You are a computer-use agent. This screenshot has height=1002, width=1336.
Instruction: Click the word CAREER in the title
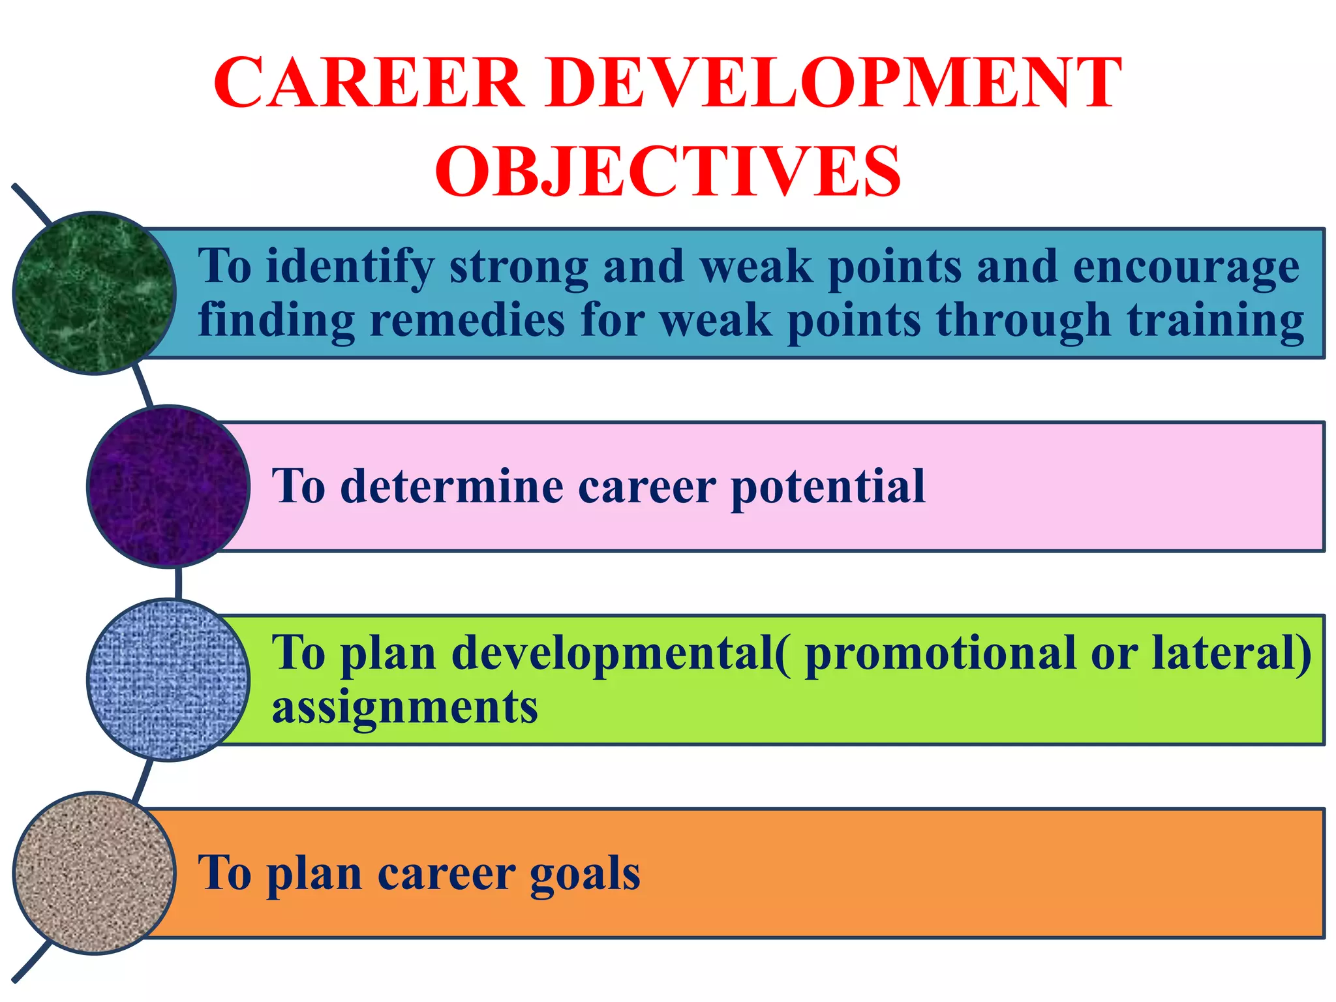pyautogui.click(x=369, y=83)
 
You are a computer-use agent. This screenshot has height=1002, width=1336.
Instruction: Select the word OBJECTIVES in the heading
pyautogui.click(x=668, y=171)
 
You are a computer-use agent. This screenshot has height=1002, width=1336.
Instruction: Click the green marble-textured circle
pyautogui.click(x=94, y=293)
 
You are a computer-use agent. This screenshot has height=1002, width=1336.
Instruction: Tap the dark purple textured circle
pyautogui.click(x=168, y=486)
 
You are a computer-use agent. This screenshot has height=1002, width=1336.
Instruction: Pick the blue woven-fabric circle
pyautogui.click(x=168, y=679)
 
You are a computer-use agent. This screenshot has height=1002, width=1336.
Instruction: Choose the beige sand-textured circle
pyautogui.click(x=94, y=873)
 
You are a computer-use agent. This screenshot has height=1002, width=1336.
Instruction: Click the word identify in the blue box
pyautogui.click(x=350, y=267)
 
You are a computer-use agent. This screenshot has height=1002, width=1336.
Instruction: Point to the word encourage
pyautogui.click(x=1186, y=267)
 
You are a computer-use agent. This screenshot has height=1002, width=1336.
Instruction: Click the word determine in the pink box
pyautogui.click(x=451, y=486)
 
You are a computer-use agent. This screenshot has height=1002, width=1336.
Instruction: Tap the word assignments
pyautogui.click(x=404, y=707)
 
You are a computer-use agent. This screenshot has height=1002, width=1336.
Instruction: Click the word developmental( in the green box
pyautogui.click(x=620, y=653)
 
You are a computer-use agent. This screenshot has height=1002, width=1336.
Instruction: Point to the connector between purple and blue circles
pyautogui.click(x=178, y=583)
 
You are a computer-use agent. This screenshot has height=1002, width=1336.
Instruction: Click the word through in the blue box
pyautogui.click(x=1022, y=320)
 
